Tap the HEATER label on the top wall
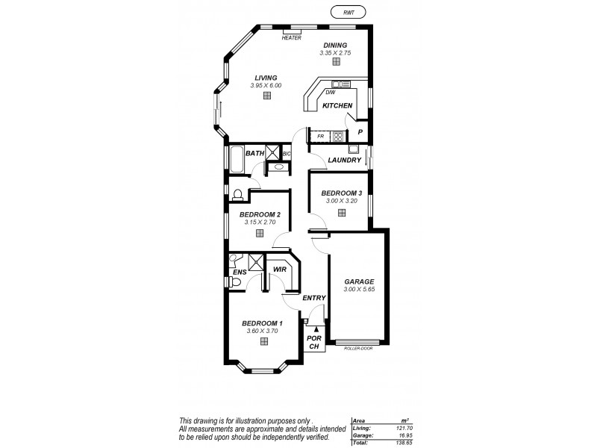click(291, 37)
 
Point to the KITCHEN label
click(337, 106)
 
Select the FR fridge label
click(320, 137)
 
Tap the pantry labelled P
click(360, 132)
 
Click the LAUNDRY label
click(344, 160)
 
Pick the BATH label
click(255, 154)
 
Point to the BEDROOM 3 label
click(341, 193)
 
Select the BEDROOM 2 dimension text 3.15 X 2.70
click(259, 222)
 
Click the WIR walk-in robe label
click(281, 269)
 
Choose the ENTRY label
click(314, 298)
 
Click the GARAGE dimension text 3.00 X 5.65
click(358, 290)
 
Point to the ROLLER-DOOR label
click(358, 349)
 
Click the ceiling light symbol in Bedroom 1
click(264, 342)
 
